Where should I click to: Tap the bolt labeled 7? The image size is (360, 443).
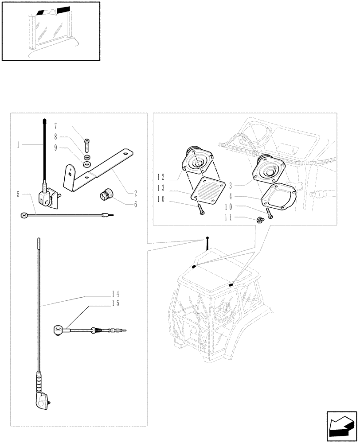[86, 144]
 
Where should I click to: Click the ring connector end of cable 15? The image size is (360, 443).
[57, 330]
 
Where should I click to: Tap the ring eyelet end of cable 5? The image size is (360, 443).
[23, 216]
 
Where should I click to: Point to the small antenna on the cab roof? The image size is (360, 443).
[207, 243]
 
